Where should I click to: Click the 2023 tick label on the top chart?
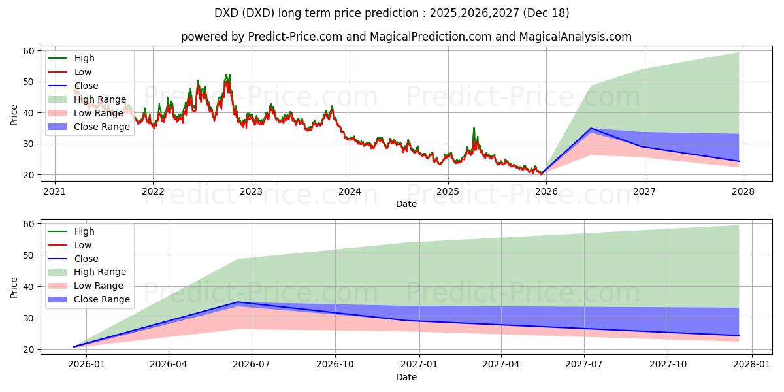pos(252,191)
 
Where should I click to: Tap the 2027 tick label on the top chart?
pos(645,191)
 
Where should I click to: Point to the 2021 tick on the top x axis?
pos(55,191)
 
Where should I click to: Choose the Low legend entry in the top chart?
pos(83,72)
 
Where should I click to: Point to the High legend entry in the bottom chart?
pos(84,231)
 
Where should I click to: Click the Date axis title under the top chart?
pos(406,204)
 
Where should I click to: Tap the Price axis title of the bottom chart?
pos(14,287)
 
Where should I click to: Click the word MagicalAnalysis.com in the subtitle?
pos(576,37)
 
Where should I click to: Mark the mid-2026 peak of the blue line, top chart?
pos(591,129)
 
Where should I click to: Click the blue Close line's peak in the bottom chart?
pos(238,302)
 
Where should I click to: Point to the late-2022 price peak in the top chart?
pos(227,76)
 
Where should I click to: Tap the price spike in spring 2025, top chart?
pos(474,128)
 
